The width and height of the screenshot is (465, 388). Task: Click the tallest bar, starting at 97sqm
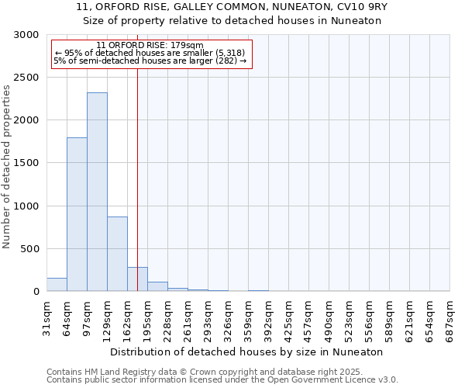coord(97,192)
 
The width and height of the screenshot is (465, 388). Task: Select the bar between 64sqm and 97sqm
coord(77,214)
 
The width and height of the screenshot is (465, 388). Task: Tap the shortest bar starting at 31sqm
coord(57,285)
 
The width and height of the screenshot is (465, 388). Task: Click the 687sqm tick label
coord(449,317)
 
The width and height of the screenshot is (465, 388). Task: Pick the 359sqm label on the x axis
coord(248,317)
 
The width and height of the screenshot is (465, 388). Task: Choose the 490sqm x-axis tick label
coord(329,317)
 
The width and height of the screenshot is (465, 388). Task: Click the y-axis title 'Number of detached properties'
coord(7,167)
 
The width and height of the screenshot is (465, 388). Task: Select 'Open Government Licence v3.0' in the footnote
coord(331,380)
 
